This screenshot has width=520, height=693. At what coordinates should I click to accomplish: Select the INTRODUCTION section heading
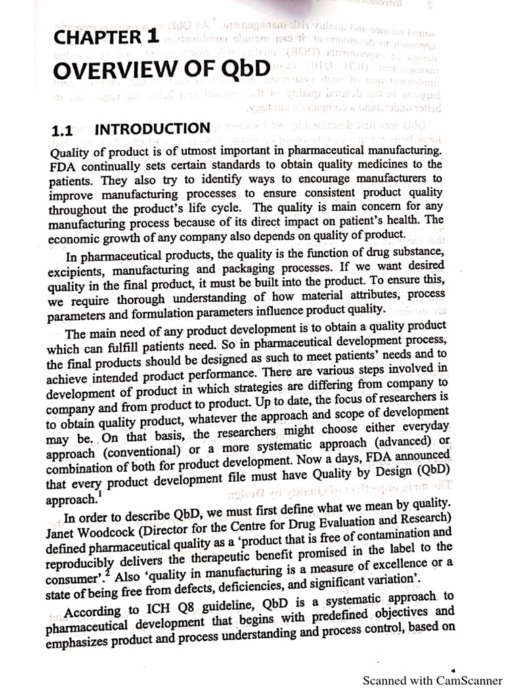click(x=152, y=129)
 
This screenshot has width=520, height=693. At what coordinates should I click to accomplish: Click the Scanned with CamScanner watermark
click(x=433, y=680)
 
